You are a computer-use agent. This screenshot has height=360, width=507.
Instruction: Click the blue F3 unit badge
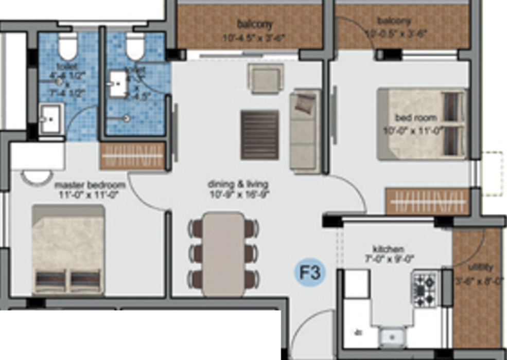pos(310,273)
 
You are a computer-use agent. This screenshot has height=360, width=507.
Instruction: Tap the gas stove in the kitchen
pos(424,290)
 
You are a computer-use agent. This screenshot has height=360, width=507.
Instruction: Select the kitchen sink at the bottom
pos(392,337)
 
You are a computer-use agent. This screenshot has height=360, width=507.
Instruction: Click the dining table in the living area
pos(223,254)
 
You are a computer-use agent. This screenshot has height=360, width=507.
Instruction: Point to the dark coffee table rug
pos(259,135)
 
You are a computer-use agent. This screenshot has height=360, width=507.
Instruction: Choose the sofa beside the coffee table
pos(304,130)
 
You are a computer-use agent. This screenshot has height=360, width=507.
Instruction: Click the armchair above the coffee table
pos(265,79)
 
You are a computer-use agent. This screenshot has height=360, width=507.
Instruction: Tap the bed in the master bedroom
pos(68,250)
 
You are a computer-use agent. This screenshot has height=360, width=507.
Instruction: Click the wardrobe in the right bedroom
pos(427,201)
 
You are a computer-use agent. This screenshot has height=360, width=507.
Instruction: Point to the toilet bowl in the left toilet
pos(67,46)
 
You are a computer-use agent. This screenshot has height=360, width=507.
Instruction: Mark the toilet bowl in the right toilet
pos(135,46)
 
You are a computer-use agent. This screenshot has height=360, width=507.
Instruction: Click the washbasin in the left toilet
pos(51,119)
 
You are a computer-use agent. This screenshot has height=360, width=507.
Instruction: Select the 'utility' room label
pos(481,267)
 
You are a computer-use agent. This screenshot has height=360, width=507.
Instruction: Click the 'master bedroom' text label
pos(90,185)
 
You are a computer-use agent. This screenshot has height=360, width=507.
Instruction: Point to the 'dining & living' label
pos(238,184)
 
